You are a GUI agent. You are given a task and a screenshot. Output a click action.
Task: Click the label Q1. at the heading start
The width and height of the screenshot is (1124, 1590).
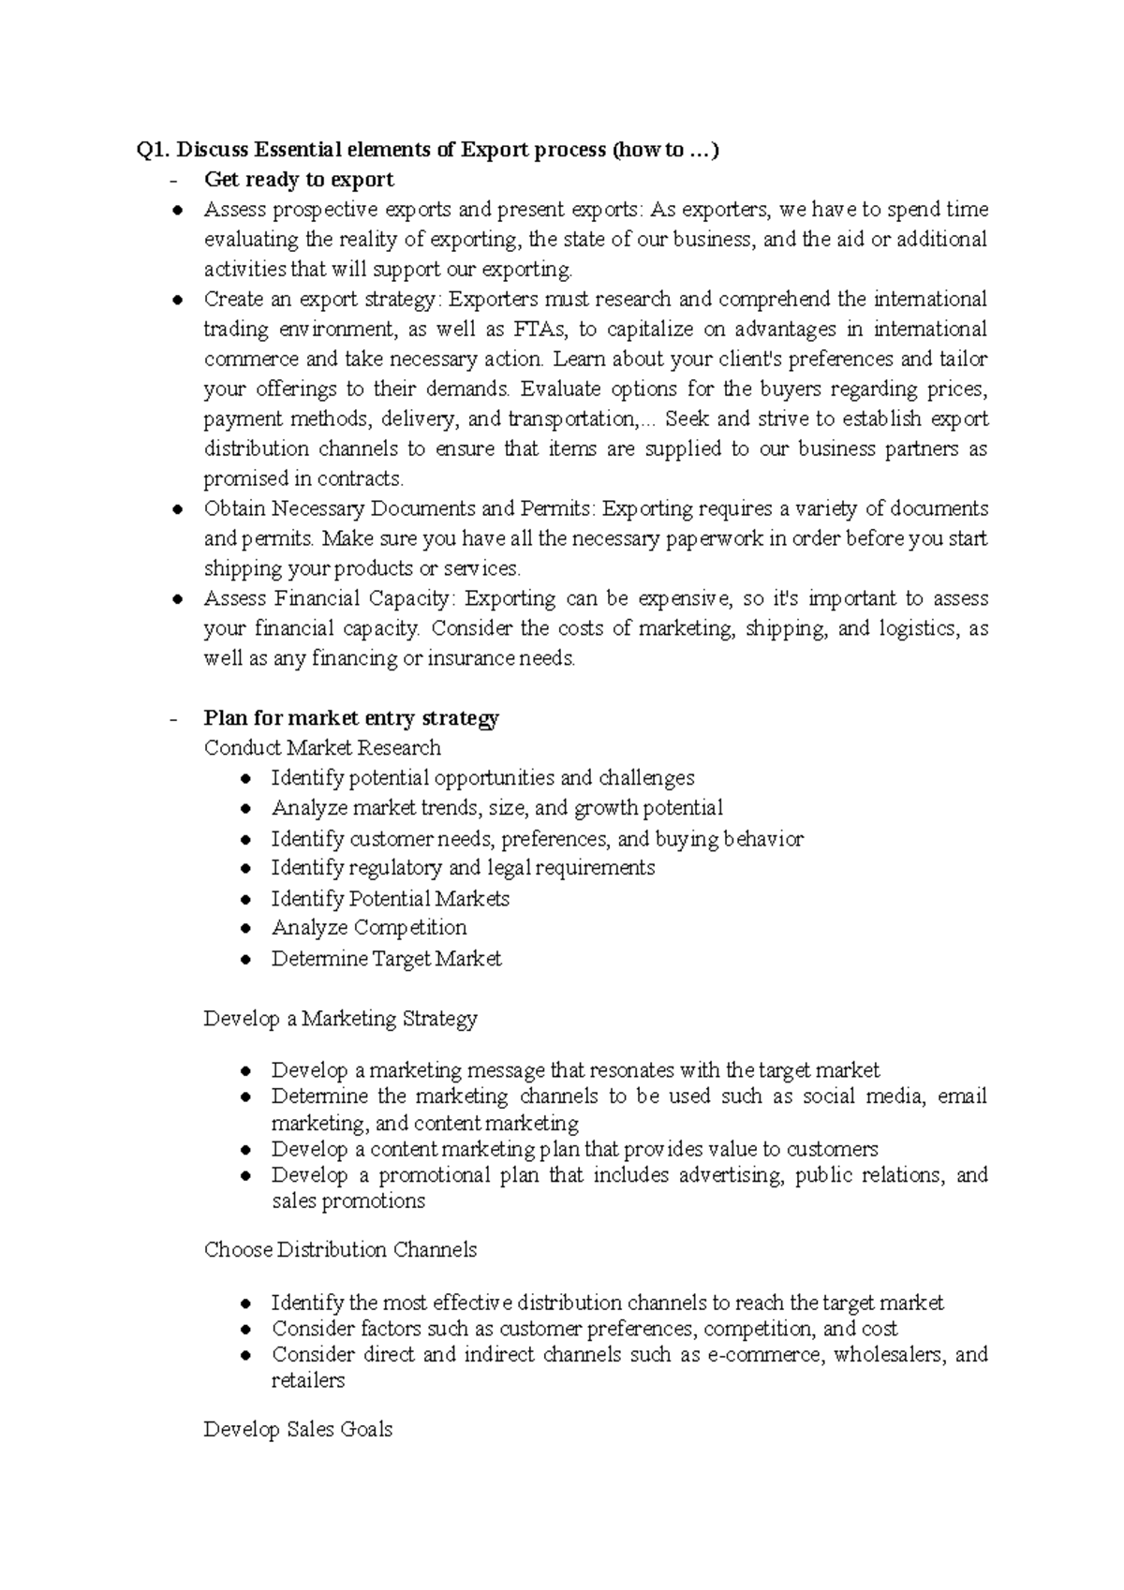(152, 150)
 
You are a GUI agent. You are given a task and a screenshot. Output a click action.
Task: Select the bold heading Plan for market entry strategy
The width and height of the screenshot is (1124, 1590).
(351, 718)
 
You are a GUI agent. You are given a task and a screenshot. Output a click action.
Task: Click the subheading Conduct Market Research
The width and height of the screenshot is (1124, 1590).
(322, 748)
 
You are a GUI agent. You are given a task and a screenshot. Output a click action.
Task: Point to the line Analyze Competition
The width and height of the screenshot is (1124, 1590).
(369, 928)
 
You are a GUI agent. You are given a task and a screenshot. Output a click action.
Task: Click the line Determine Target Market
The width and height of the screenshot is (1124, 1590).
(386, 959)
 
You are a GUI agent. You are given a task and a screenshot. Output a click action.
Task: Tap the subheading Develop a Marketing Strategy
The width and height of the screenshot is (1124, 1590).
(340, 1019)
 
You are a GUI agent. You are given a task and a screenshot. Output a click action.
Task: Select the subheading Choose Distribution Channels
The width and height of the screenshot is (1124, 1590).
(340, 1250)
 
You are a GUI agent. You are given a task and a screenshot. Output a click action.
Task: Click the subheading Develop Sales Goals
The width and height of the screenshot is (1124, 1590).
(298, 1430)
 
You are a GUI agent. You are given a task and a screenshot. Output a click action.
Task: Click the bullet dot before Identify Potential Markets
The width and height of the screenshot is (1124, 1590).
(245, 900)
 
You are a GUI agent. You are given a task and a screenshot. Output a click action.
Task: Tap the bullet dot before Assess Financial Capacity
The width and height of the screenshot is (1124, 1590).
(177, 599)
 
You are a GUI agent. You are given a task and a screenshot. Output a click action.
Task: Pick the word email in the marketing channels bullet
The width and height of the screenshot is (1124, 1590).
(962, 1097)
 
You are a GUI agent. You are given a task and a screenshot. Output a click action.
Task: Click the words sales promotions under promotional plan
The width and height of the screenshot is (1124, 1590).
(348, 1201)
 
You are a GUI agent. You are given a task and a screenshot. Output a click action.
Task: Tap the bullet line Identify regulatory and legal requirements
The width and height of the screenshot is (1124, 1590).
(463, 868)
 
